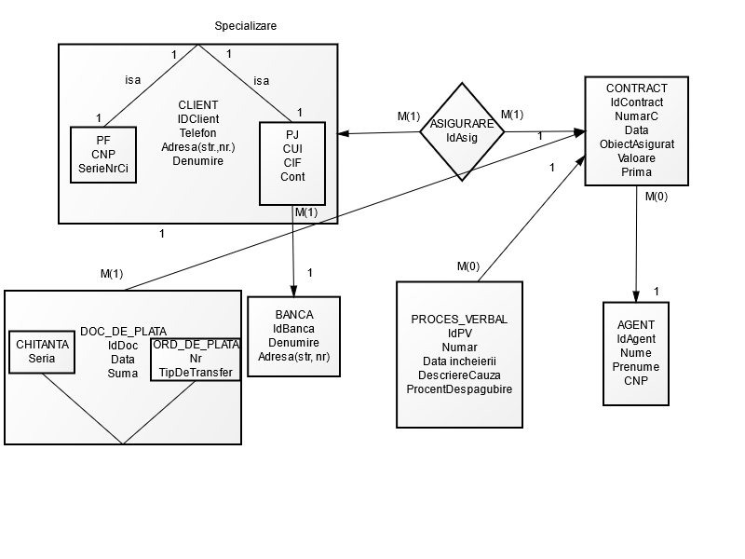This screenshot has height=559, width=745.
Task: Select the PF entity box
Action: click(102, 154)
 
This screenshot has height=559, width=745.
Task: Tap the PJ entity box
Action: click(292, 162)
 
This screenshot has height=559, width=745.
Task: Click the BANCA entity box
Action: click(293, 335)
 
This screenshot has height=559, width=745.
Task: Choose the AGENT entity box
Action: click(635, 353)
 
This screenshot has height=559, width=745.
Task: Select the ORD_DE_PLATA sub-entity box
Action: click(196, 359)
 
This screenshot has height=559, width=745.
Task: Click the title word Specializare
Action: click(245, 25)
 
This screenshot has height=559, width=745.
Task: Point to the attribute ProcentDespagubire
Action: click(459, 389)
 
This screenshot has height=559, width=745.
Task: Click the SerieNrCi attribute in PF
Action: click(102, 168)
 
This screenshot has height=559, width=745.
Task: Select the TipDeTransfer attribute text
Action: click(196, 372)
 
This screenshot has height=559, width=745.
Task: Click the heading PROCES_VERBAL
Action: click(459, 319)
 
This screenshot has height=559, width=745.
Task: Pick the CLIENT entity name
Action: click(197, 104)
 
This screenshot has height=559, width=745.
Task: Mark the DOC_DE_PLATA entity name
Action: click(123, 331)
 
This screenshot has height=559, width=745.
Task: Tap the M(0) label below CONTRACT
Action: click(656, 197)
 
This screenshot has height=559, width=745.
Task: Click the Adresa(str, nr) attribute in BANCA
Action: click(293, 356)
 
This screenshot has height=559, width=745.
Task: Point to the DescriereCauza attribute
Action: click(459, 375)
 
